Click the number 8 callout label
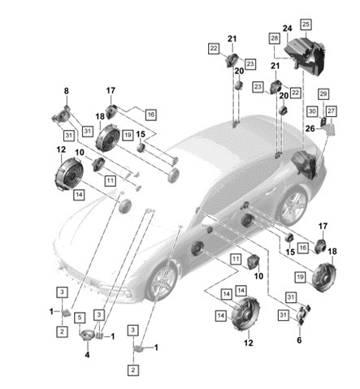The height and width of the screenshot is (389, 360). (67, 91)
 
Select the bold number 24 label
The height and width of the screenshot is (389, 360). (288, 28)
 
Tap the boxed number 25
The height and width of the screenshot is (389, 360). (306, 24)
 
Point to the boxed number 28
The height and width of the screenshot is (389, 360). (274, 38)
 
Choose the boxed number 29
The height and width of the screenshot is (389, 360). (323, 94)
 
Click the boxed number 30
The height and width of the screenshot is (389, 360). (312, 111)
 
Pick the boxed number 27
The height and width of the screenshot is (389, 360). (331, 111)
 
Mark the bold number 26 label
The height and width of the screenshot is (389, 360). (310, 128)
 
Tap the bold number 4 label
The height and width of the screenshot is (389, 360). (87, 355)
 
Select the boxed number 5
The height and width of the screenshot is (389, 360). (80, 318)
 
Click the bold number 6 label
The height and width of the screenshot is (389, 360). (299, 340)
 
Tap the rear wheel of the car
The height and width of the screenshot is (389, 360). (292, 205)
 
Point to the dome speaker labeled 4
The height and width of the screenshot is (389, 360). (87, 335)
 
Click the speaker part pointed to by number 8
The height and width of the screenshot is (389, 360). (62, 116)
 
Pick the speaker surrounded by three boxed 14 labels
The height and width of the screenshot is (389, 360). (245, 314)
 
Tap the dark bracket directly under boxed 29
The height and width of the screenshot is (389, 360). (323, 122)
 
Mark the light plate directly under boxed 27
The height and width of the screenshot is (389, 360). (331, 129)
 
